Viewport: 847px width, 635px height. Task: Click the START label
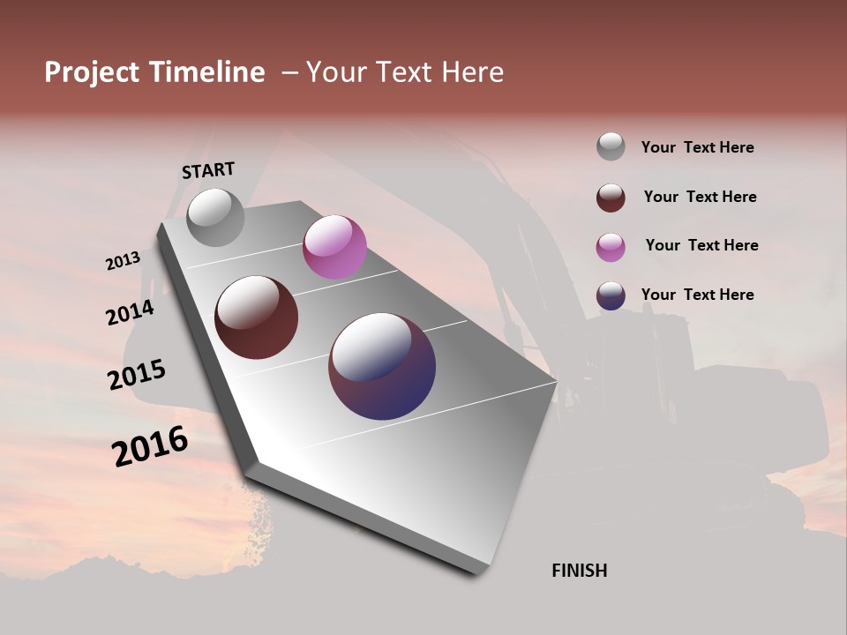pos(208,169)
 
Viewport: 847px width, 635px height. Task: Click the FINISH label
pos(579,571)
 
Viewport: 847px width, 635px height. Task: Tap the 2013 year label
pos(123,261)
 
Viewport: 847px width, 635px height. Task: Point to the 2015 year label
pos(137,375)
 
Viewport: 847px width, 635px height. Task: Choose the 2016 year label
pos(150,445)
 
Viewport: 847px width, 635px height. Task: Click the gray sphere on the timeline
pos(216,217)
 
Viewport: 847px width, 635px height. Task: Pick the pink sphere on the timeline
pos(334,247)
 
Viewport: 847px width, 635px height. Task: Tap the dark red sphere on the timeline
pos(257,317)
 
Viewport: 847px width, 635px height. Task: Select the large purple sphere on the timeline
pos(382,366)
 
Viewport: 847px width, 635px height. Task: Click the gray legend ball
pos(611,146)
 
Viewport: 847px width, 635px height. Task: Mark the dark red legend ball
pos(611,197)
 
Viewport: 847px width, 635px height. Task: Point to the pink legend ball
pos(611,246)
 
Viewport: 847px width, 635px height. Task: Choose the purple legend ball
pos(611,295)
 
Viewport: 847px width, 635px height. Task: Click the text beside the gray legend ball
pos(697,147)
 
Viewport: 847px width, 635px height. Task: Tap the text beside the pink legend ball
pos(701,245)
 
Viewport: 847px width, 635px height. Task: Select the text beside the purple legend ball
pos(697,295)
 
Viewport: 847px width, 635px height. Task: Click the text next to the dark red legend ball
pos(700,197)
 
